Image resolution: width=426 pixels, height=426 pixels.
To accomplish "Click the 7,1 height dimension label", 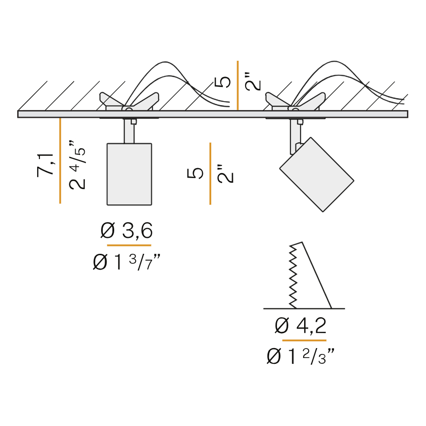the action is (45, 165).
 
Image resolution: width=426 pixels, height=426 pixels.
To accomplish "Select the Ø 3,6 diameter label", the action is (126, 231).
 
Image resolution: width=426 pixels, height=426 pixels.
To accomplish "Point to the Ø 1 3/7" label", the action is (126, 262).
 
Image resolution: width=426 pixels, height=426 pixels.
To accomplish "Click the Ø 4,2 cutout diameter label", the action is (300, 325).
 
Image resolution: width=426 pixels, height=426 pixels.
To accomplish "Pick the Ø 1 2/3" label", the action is (300, 357).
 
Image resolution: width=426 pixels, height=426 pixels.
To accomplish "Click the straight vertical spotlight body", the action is (129, 174).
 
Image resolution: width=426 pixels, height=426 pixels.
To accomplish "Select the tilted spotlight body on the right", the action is (317, 174).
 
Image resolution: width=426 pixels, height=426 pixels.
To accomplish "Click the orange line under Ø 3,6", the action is (129, 245).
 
